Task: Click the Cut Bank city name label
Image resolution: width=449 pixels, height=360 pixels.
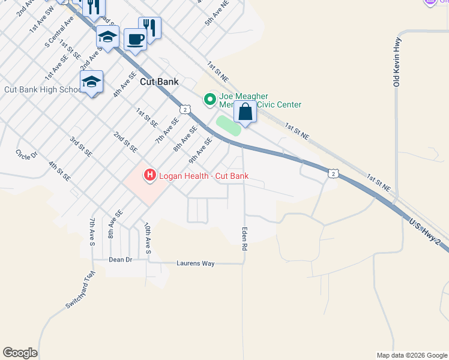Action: point(159,82)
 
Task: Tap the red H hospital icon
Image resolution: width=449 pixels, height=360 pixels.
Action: point(149,175)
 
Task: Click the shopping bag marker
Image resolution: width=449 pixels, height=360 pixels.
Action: point(245,112)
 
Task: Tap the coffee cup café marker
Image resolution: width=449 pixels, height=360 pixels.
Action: point(135,40)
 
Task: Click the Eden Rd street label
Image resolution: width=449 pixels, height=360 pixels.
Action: point(245,238)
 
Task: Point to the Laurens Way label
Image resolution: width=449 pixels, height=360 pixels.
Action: point(195,263)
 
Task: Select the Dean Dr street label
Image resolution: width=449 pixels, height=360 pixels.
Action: point(120,260)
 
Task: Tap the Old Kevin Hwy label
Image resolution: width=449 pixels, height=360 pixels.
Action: point(397,62)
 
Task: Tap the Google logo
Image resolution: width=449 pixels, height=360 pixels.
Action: point(20,353)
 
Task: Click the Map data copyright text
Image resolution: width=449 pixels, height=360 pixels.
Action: point(412,355)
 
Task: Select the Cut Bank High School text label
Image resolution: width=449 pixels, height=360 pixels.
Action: point(42,90)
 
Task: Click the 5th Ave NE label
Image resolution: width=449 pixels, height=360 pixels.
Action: point(217,13)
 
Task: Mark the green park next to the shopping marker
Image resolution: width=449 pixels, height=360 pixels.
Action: point(228,126)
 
